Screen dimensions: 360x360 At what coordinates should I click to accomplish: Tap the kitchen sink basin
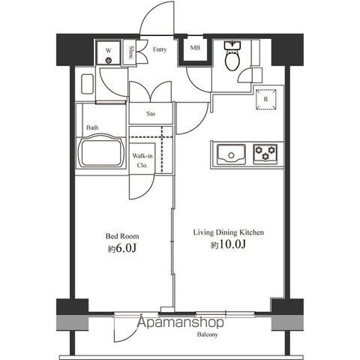(231, 154)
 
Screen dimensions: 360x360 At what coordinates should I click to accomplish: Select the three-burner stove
(265, 154)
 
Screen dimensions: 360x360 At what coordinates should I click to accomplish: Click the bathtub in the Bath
(101, 151)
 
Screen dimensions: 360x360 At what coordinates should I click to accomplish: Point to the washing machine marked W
(109, 53)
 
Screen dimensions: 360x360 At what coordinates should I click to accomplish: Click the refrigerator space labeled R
(266, 100)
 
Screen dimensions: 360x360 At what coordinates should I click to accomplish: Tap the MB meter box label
(195, 47)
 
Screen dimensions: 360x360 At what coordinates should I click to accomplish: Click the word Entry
(160, 49)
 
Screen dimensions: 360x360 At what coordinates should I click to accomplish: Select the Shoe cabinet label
(131, 52)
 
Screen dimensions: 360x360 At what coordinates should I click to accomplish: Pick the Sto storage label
(151, 114)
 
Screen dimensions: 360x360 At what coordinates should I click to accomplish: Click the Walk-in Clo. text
(142, 160)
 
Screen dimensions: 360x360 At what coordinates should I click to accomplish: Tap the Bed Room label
(122, 236)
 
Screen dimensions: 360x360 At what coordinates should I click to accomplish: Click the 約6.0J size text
(122, 248)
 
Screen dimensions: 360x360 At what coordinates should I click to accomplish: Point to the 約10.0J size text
(228, 244)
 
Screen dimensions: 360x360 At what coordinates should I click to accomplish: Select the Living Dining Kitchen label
(229, 232)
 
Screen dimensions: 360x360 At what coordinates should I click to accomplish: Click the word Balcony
(208, 334)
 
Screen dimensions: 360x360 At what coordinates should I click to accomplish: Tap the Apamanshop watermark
(180, 322)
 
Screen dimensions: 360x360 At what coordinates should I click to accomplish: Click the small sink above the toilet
(232, 46)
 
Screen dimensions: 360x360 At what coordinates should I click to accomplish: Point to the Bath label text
(92, 127)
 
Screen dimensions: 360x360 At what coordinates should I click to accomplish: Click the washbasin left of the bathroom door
(87, 84)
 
